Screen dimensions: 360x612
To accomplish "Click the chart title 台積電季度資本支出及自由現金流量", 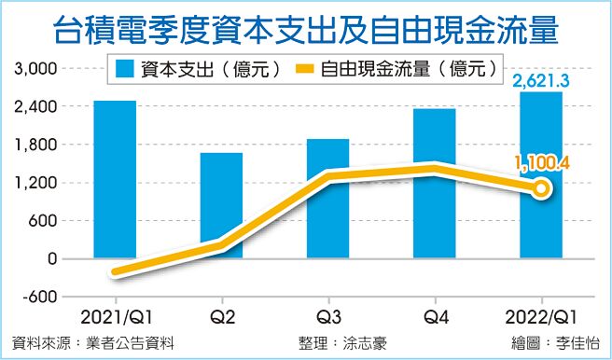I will [305, 28].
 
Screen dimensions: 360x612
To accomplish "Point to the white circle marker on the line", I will [541, 189].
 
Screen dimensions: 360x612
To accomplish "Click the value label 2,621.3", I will [541, 82].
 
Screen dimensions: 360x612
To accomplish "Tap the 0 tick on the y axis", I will [51, 258].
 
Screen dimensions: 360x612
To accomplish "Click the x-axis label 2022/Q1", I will [541, 315].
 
